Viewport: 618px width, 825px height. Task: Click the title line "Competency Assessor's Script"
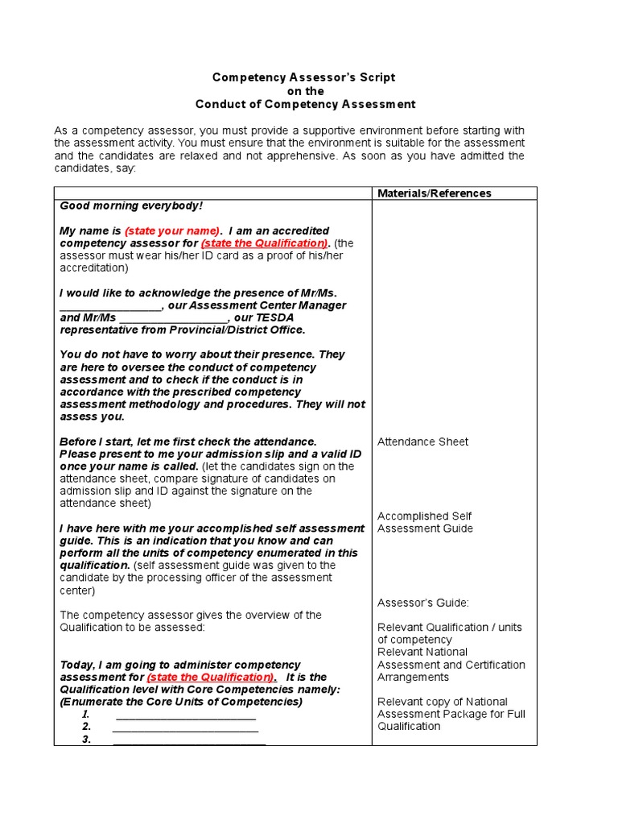[303, 77]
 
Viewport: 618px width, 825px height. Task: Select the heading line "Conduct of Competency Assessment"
[306, 104]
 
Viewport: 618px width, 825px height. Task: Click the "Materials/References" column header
[435, 193]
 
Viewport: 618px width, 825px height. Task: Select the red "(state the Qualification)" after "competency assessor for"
[265, 243]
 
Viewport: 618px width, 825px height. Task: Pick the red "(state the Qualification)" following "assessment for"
[211, 678]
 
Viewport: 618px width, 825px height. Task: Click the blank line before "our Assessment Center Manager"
[110, 306]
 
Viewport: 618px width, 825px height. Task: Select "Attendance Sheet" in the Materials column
[422, 442]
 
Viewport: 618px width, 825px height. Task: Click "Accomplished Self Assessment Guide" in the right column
[425, 522]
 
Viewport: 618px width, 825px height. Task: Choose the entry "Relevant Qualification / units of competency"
[449, 633]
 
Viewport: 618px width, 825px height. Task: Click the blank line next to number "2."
[185, 728]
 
